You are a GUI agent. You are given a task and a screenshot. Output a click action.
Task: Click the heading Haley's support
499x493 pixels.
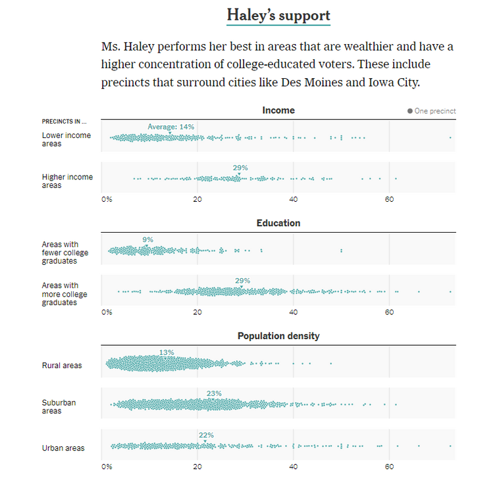pos(278,15)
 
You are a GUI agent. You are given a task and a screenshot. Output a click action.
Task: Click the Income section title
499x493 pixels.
pos(278,110)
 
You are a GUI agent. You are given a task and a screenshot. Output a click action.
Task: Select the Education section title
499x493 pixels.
pos(278,223)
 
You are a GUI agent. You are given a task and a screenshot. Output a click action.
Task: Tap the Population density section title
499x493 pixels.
pos(278,336)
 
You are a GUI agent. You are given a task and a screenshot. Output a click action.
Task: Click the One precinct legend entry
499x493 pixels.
pos(432,111)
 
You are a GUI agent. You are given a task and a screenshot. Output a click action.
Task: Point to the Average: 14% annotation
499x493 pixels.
pos(171,127)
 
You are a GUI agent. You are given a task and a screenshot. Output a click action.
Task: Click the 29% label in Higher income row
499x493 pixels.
pos(240,168)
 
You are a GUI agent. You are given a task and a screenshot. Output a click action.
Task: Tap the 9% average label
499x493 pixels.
pos(147,240)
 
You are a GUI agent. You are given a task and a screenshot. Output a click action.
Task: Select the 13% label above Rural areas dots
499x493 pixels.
pos(167,352)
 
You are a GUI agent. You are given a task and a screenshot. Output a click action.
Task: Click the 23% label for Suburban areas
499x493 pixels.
pos(214,394)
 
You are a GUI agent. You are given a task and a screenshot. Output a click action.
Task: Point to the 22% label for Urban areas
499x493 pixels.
pos(206,435)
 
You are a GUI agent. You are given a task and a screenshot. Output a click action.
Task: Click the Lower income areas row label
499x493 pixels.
pos(66,139)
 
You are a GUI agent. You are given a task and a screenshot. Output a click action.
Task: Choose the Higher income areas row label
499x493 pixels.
pos(67,181)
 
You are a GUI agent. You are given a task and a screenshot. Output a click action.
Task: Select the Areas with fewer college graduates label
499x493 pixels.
pos(65,252)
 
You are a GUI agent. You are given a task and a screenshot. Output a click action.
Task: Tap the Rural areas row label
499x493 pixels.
pos(62,365)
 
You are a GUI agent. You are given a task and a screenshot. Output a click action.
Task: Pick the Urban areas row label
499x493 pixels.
pos(63,448)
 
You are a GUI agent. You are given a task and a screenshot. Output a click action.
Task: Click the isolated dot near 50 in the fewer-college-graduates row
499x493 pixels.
pos(341,250)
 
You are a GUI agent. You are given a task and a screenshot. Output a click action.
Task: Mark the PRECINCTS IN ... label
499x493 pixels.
pos(64,122)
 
